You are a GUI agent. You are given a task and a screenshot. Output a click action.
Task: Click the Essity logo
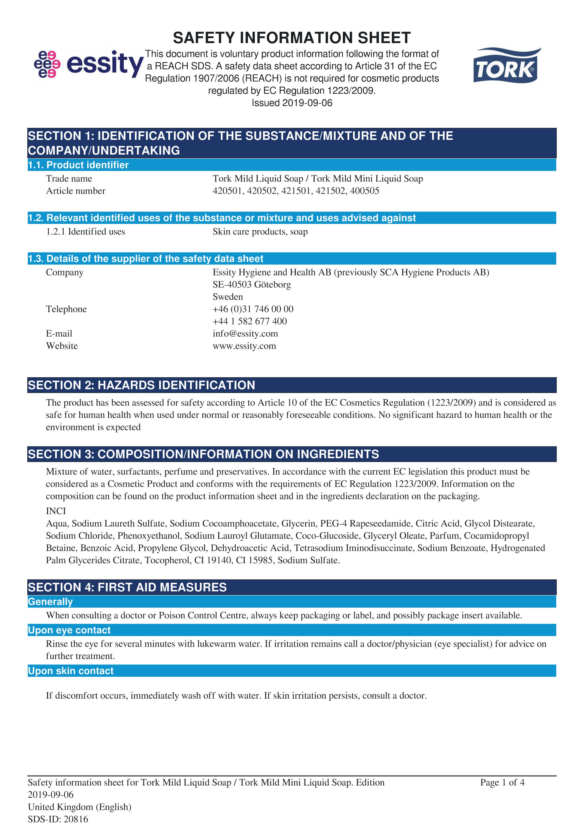pyautogui.click(x=89, y=64)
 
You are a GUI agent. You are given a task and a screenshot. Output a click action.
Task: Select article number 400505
pyautogui.click(x=365, y=191)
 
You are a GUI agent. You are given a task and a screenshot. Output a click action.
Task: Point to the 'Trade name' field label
pyautogui.click(x=69, y=178)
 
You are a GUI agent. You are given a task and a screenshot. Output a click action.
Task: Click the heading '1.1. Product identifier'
pyautogui.click(x=78, y=165)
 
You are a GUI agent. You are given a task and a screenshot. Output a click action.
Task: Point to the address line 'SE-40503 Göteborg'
pyautogui.click(x=251, y=285)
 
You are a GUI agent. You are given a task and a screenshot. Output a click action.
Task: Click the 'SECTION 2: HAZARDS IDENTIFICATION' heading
pyautogui.click(x=142, y=385)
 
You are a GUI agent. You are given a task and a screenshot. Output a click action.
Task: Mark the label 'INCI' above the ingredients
pyautogui.click(x=56, y=511)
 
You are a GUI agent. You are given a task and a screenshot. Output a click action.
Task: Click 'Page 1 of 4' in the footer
pyautogui.click(x=502, y=782)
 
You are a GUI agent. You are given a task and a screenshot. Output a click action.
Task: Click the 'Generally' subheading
pyautogui.click(x=50, y=602)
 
